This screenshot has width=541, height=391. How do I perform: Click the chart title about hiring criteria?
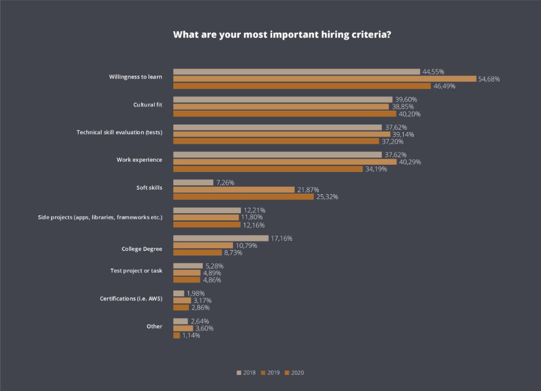click(282, 35)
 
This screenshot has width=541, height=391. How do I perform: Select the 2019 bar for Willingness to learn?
click(325, 79)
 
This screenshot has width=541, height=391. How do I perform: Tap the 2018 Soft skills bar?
click(193, 183)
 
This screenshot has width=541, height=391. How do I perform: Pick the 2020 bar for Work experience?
click(268, 169)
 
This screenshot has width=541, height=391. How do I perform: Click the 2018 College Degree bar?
click(221, 238)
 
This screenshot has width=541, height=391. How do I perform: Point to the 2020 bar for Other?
click(177, 335)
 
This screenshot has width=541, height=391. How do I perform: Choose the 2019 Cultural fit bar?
click(281, 107)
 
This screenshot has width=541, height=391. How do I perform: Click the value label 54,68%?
click(489, 79)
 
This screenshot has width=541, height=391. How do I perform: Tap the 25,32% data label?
click(327, 197)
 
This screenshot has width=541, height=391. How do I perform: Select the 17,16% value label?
click(282, 238)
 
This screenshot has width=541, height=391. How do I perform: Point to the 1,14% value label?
click(191, 335)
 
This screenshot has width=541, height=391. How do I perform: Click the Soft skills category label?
click(149, 188)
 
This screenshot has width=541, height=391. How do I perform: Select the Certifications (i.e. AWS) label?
click(131, 299)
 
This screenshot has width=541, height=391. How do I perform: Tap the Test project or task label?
click(136, 271)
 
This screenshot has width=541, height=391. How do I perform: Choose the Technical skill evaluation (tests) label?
click(119, 132)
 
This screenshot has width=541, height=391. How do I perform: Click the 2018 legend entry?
click(246, 372)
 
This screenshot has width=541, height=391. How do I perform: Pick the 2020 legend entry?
click(294, 372)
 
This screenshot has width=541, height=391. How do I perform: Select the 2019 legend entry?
click(270, 372)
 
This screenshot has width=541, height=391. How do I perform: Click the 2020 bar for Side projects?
click(207, 225)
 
